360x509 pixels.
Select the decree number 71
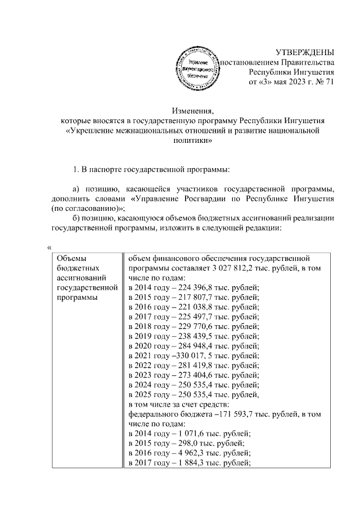330,82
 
